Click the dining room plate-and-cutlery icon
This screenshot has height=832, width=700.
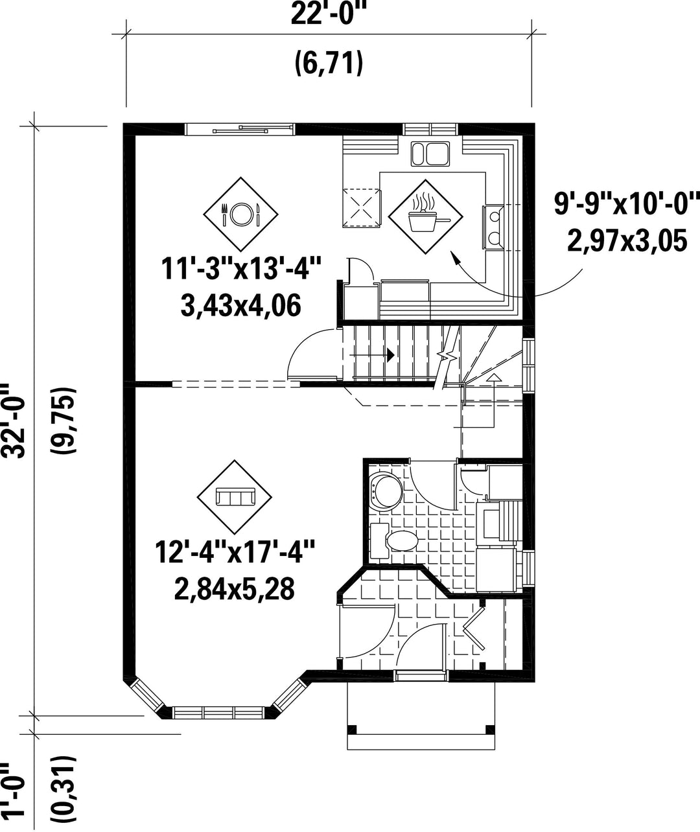240,214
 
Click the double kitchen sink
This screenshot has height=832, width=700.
430,154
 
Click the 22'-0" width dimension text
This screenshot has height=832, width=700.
329,15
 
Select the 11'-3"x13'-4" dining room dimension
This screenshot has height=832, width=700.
241,268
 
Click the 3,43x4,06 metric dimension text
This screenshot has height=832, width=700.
240,306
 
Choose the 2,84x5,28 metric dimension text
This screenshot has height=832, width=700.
235,589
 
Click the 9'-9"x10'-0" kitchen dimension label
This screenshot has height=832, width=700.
627,203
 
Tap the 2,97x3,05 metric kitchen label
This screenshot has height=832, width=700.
627,240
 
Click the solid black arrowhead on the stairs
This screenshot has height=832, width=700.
391,354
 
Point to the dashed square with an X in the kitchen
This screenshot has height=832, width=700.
362,207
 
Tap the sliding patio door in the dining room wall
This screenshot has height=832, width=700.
240,130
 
